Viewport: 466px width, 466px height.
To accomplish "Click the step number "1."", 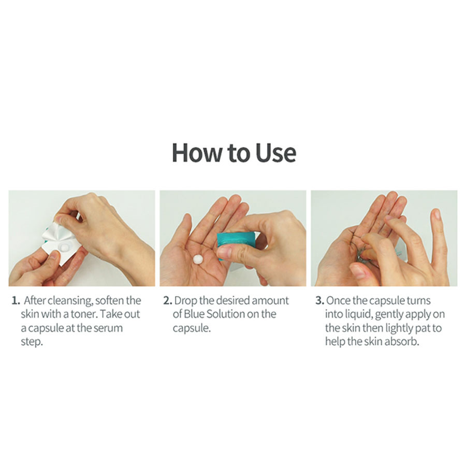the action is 16,300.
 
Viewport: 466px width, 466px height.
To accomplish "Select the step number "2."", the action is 168,300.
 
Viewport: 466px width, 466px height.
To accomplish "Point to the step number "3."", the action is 320,300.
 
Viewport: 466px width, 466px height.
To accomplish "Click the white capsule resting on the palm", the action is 198,259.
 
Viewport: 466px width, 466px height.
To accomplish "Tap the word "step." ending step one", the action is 32,342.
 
